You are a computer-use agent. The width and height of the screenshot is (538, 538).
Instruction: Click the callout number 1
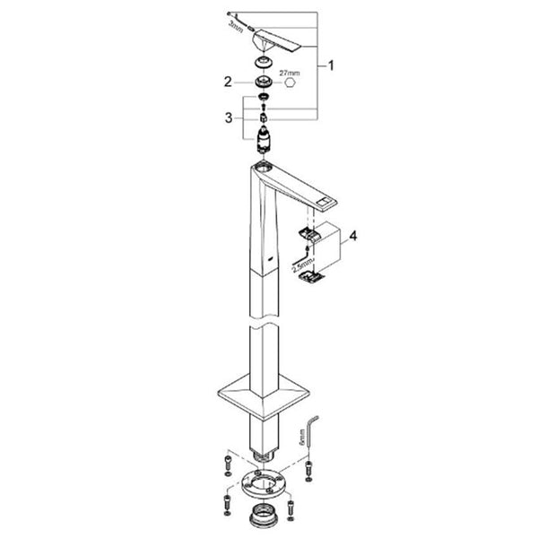(x=331, y=65)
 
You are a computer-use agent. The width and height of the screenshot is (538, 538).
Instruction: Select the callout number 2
(x=228, y=82)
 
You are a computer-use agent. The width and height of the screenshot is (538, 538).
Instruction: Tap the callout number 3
(x=229, y=117)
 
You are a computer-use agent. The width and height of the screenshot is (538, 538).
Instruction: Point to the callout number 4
(x=353, y=236)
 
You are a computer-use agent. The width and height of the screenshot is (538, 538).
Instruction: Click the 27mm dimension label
(x=290, y=74)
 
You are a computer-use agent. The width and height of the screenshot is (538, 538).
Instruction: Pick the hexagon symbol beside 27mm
(x=291, y=83)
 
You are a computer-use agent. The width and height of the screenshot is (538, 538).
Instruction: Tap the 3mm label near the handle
(x=236, y=26)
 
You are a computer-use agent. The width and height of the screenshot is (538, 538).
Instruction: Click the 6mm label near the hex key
(x=302, y=437)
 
